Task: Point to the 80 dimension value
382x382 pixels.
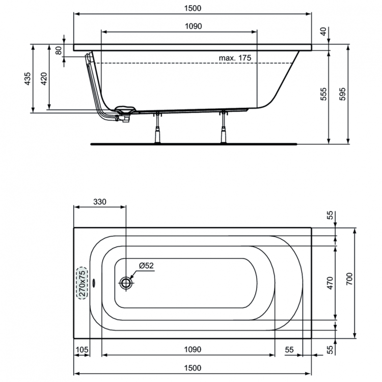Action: pyautogui.click(x=58, y=50)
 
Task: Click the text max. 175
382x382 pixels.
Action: pyautogui.click(x=235, y=58)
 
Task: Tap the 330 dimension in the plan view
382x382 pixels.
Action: pyautogui.click(x=99, y=202)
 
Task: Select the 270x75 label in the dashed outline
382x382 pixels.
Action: pyautogui.click(x=82, y=283)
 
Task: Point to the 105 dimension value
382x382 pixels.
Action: pyautogui.click(x=82, y=349)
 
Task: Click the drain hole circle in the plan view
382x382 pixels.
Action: pyautogui.click(x=126, y=283)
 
